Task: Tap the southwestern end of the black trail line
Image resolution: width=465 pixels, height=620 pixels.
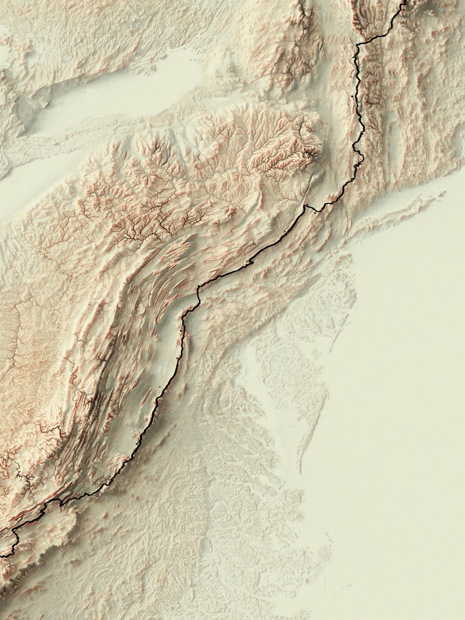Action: click(x=2, y=555)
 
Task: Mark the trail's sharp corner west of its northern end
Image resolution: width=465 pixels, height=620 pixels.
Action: click(x=358, y=45)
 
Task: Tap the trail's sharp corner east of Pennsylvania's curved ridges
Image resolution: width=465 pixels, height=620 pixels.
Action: click(x=199, y=288)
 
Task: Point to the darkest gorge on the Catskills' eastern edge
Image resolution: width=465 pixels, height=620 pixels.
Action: click(x=309, y=155)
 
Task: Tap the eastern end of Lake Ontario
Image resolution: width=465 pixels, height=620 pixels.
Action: click(x=202, y=70)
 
